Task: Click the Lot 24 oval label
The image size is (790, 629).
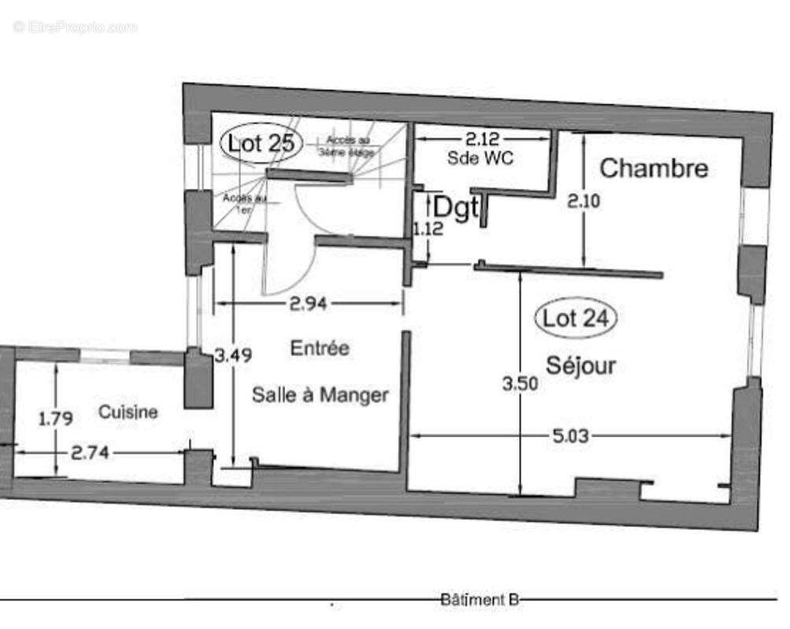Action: pyautogui.click(x=575, y=318)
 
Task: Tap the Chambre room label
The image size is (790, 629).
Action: pyautogui.click(x=654, y=167)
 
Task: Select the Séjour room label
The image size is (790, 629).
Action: pyautogui.click(x=581, y=365)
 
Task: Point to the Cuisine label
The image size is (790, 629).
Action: pyautogui.click(x=128, y=411)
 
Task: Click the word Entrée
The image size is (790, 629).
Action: pyautogui.click(x=319, y=348)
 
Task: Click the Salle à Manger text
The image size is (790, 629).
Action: pyautogui.click(x=319, y=395)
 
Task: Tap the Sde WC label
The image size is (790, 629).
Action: pyautogui.click(x=480, y=158)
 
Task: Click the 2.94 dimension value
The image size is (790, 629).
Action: pyautogui.click(x=309, y=303)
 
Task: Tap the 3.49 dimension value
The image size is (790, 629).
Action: pyautogui.click(x=233, y=355)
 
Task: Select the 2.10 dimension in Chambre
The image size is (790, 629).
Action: pyautogui.click(x=584, y=200)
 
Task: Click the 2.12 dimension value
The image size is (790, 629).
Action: pyautogui.click(x=482, y=139)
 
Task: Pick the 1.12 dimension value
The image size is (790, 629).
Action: pyautogui.click(x=428, y=230)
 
